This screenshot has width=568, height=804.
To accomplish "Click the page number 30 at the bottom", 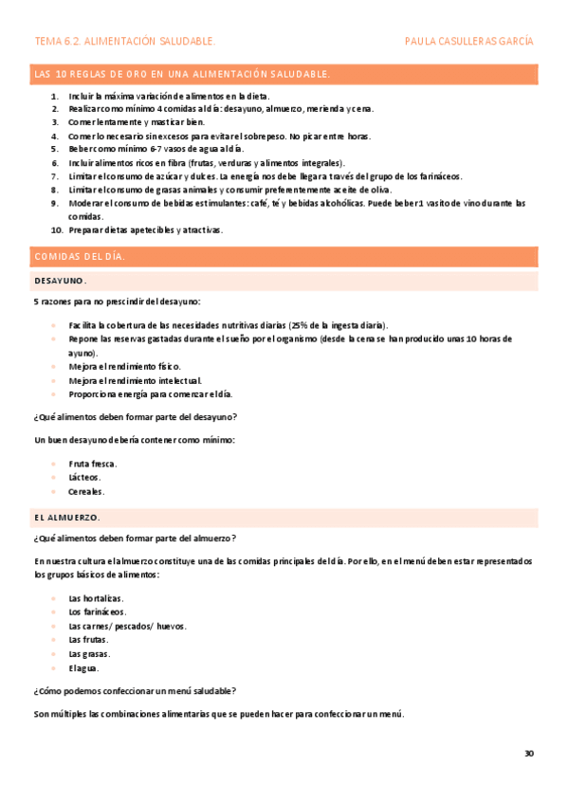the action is tap(529, 754).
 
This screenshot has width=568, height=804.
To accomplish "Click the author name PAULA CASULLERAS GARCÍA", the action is tap(468, 42).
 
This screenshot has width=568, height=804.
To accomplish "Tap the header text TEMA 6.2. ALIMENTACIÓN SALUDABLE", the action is tap(124, 42).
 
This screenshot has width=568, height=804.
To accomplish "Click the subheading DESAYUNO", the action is tap(61, 281).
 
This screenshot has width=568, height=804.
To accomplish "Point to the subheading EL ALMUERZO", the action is tap(66, 517).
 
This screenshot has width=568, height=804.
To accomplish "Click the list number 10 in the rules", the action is tap(57, 229).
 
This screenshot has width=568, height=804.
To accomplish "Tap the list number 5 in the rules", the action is tap(56, 149).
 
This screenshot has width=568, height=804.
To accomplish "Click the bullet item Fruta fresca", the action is tap(93, 464).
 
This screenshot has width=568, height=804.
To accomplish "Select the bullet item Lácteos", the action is tap(86, 478).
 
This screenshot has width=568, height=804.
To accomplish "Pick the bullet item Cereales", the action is tap(87, 492).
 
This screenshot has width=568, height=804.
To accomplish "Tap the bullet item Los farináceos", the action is tap(98, 612).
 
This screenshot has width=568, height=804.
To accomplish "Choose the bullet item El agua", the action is tap(83, 667).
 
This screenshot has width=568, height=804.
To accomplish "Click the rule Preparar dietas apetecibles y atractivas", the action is tap(145, 229).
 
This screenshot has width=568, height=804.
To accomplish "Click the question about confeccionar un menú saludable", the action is tap(136, 690).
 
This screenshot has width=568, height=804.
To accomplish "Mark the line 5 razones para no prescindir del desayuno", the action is tap(118, 301).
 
